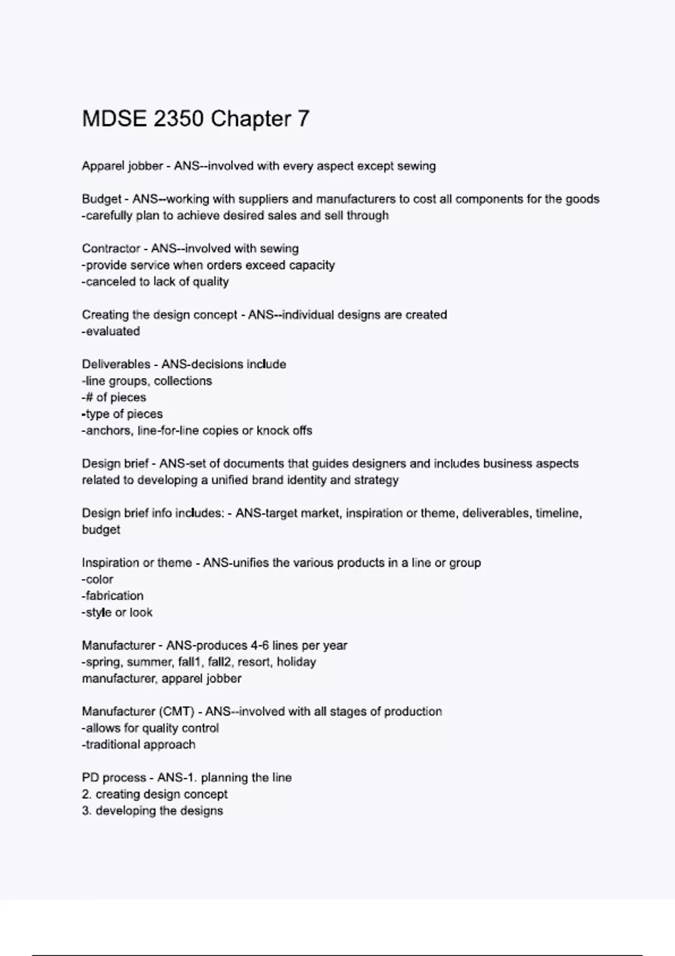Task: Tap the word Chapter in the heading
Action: [x=251, y=119]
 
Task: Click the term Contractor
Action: [x=111, y=249]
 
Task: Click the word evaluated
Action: [x=112, y=331]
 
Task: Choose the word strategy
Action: [x=376, y=480]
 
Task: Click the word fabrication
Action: [x=114, y=596]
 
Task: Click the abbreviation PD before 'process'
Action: [x=90, y=778]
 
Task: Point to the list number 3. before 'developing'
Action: [x=87, y=811]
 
